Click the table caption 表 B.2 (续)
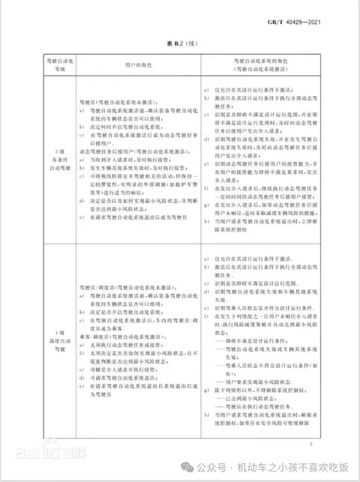(179, 44)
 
